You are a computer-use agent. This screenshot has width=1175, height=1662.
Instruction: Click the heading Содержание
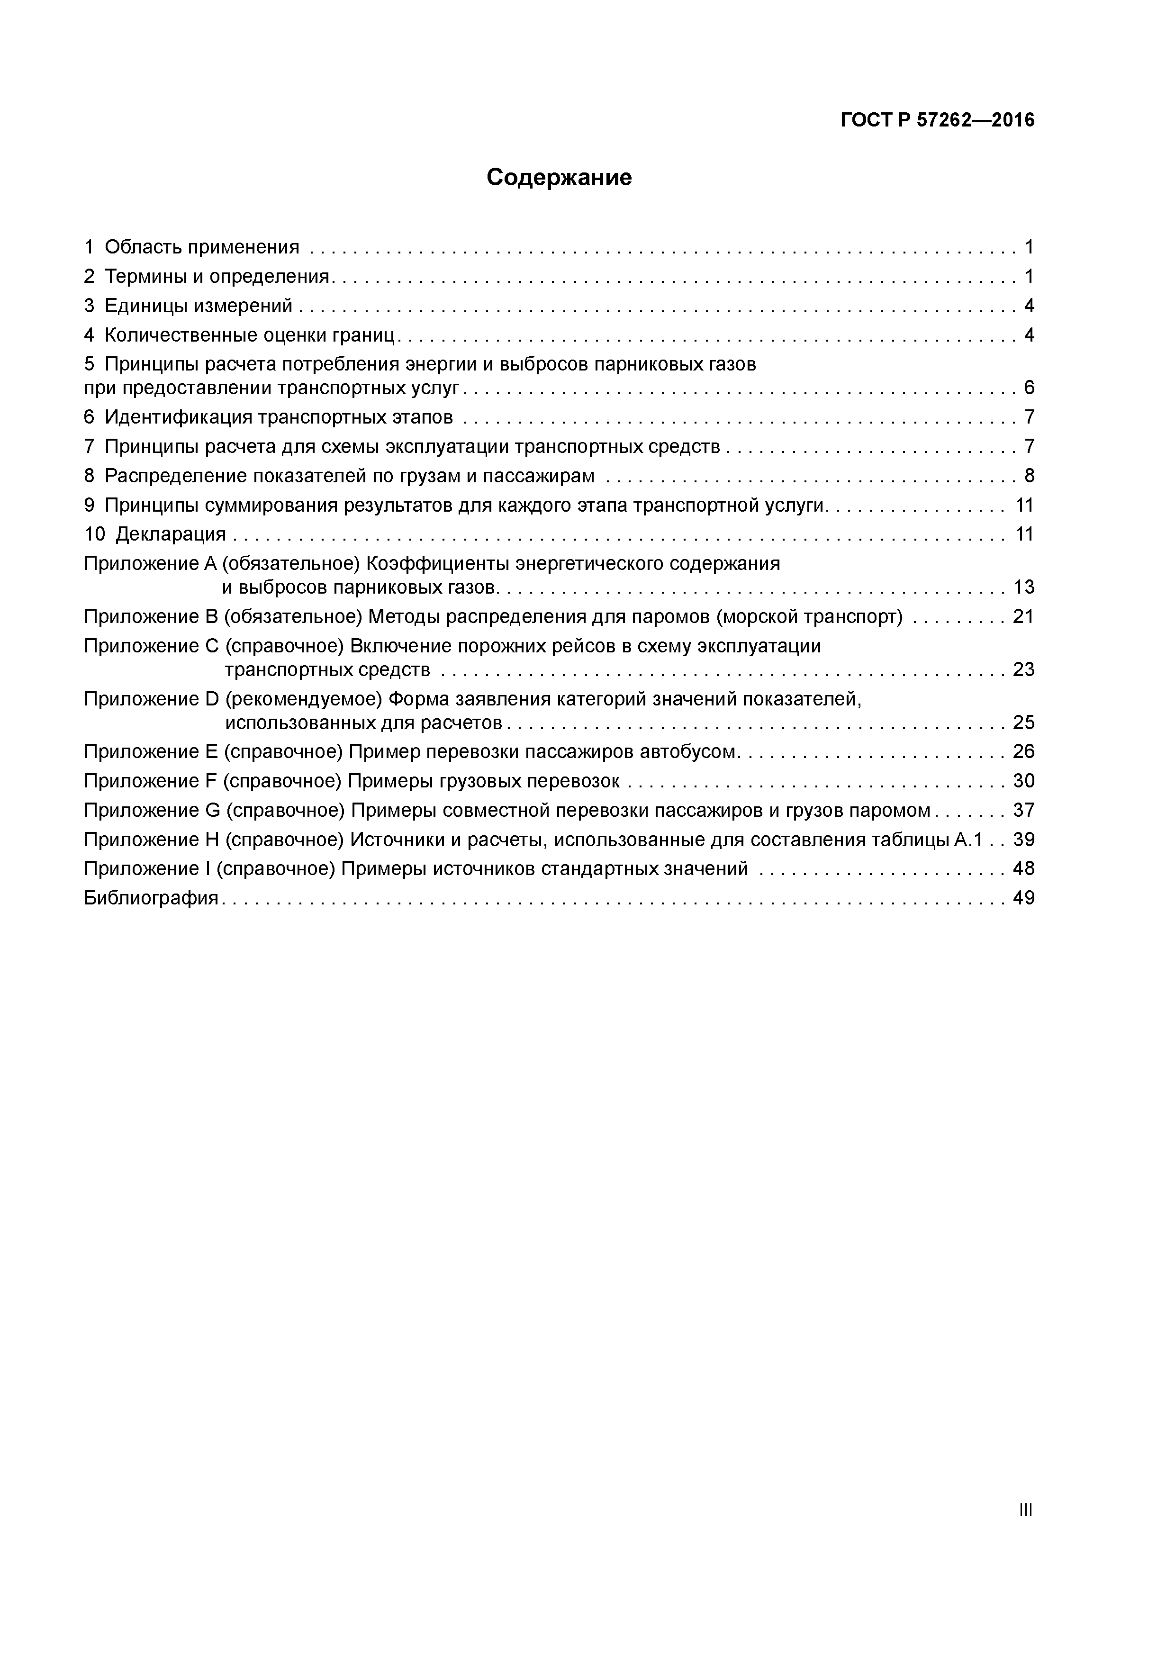pyautogui.click(x=559, y=177)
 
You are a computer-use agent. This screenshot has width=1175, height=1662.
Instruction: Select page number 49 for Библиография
pyautogui.click(x=1023, y=898)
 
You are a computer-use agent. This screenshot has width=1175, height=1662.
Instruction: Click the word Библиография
pyautogui.click(x=151, y=898)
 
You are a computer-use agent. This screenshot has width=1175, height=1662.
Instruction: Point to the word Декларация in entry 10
pyautogui.click(x=171, y=534)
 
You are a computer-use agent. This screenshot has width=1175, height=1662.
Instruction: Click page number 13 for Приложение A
pyautogui.click(x=1023, y=587)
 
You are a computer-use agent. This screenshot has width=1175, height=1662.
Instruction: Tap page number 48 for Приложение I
pyautogui.click(x=1023, y=868)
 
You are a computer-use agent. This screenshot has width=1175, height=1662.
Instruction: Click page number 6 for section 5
pyautogui.click(x=1029, y=388)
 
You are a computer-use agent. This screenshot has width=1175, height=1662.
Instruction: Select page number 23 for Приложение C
pyautogui.click(x=1023, y=669)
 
